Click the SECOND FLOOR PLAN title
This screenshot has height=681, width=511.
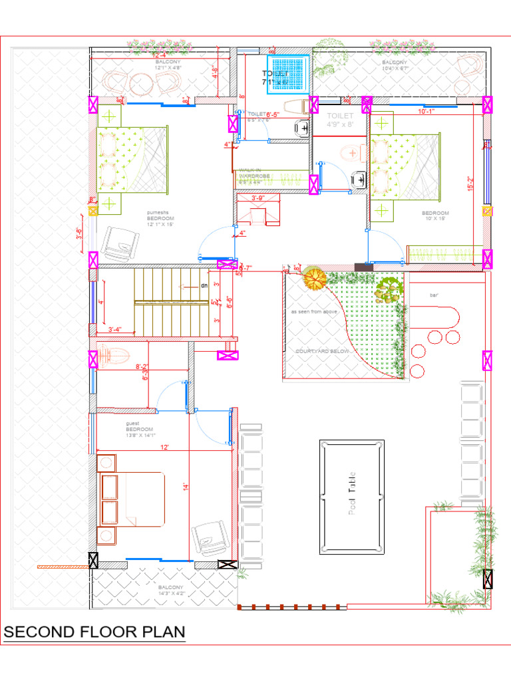coord(94,632)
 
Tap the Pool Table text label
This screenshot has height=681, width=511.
coord(352,493)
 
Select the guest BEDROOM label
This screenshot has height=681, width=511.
coord(140,430)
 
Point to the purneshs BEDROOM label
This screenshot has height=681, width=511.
coord(161,217)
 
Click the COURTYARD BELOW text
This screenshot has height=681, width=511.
coord(318,350)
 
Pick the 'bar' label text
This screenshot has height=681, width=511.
coord(434,295)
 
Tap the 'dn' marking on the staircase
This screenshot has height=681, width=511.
coord(204,285)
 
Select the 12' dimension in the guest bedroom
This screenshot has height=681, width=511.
coord(164,448)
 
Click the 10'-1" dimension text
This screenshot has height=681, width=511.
coord(426,112)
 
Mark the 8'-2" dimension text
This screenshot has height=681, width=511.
coord(142,366)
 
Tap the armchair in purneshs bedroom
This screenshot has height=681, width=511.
coord(118,244)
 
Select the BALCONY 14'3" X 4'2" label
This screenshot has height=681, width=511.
coord(170,591)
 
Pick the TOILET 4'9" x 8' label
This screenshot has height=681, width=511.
coord(341,120)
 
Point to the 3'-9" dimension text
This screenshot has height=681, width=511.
coord(258,198)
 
